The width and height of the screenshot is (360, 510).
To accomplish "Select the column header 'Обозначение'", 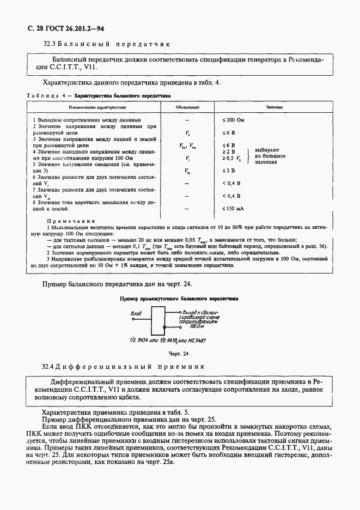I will [x=187, y=108].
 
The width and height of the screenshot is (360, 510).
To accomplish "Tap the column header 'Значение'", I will [x=274, y=108].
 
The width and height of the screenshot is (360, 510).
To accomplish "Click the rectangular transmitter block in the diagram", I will [x=157, y=319].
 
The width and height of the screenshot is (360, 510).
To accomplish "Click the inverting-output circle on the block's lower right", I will [x=166, y=327].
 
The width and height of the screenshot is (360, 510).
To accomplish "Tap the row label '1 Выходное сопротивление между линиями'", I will [x=87, y=119].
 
